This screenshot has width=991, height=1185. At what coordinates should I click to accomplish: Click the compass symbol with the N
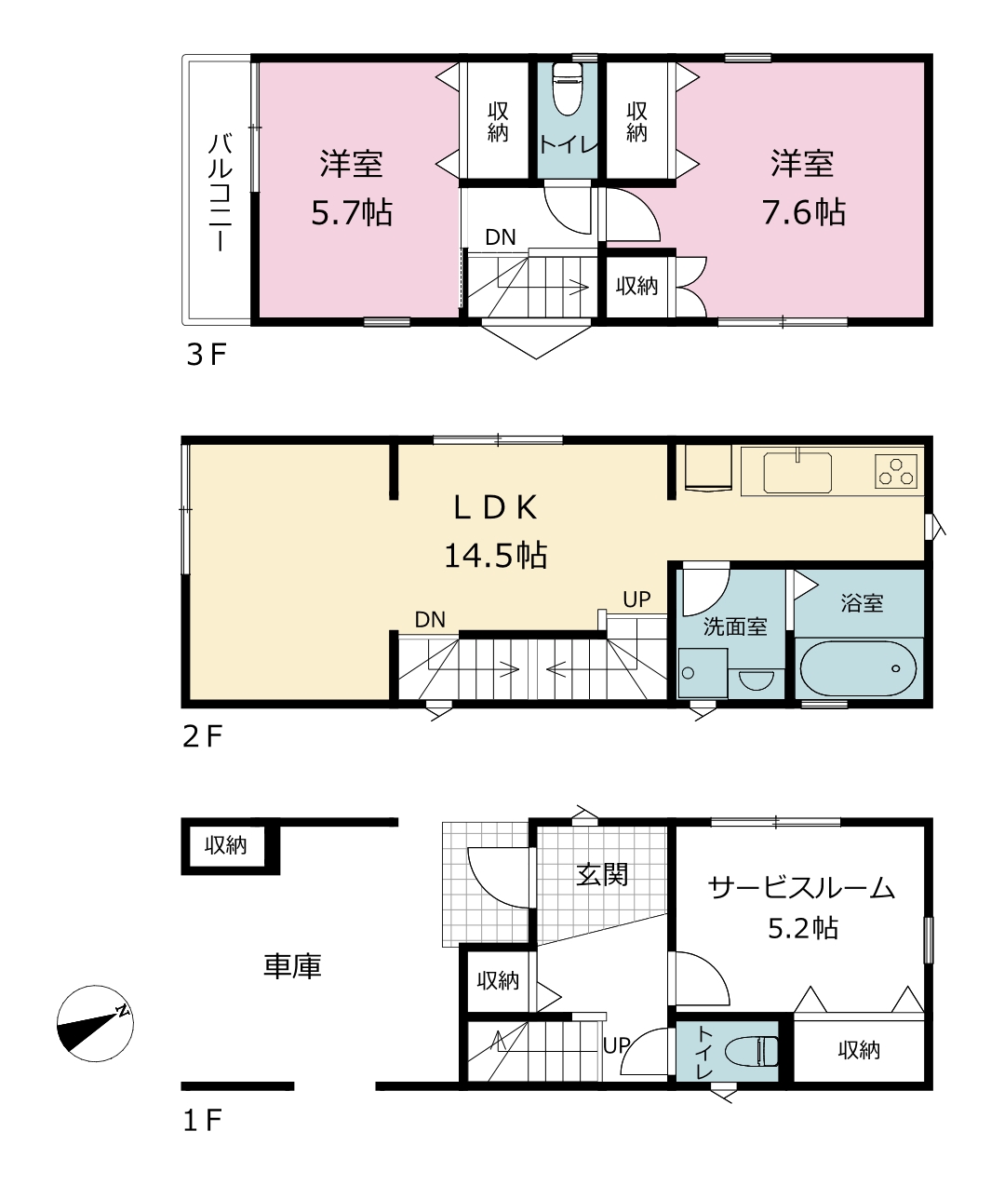click(x=95, y=1023)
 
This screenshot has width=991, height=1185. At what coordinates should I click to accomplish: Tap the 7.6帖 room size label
click(x=803, y=213)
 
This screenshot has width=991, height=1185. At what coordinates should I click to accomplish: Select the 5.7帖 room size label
click(x=352, y=213)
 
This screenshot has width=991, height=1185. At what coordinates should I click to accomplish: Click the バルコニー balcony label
click(x=221, y=192)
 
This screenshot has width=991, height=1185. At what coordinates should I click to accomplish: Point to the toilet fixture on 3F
click(x=568, y=89)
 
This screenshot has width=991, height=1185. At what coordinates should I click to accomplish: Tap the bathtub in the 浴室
click(x=857, y=668)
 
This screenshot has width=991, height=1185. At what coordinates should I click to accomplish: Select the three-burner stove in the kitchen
click(x=896, y=472)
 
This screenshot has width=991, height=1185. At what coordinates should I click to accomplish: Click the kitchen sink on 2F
click(x=797, y=472)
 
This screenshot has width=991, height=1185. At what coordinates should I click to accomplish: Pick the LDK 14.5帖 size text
click(x=495, y=555)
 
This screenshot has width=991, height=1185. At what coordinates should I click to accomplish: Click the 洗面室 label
click(x=735, y=626)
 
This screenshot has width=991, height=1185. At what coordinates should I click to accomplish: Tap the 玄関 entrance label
click(x=602, y=875)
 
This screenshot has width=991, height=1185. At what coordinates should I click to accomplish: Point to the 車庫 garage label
click(x=292, y=966)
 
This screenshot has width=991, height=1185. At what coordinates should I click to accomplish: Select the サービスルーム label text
click(x=801, y=888)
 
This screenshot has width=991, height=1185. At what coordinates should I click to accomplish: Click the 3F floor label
click(x=207, y=356)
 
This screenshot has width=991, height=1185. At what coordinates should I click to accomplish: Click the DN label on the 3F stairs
click(x=501, y=237)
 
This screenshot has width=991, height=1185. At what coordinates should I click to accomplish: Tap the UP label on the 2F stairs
click(x=636, y=599)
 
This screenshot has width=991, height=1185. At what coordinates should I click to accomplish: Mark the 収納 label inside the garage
click(x=226, y=845)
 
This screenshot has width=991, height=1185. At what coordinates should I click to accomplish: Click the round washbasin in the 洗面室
click(x=757, y=680)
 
